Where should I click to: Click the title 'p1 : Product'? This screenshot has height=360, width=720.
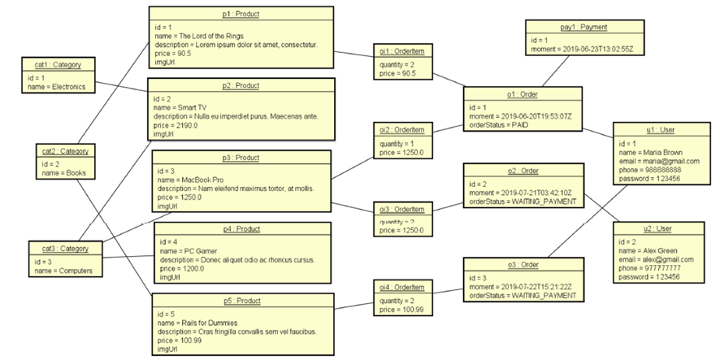pos(241,14)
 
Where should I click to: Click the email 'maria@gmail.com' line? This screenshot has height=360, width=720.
pos(658,161)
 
